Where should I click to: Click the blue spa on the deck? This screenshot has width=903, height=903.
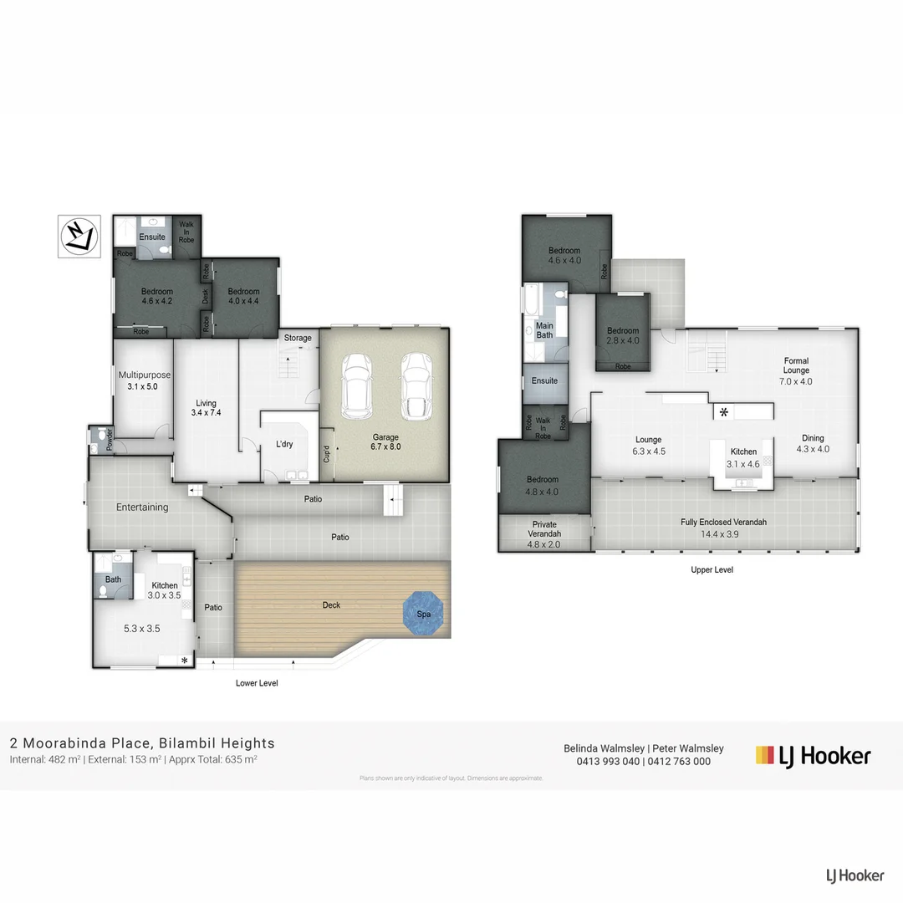pyautogui.click(x=425, y=614)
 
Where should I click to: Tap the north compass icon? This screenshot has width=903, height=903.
pyautogui.click(x=79, y=236)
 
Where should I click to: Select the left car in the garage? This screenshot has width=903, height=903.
pyautogui.click(x=357, y=386)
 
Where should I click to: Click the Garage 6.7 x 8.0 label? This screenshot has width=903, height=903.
pyautogui.click(x=385, y=442)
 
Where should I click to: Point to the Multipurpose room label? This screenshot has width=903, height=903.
pyautogui.click(x=143, y=380)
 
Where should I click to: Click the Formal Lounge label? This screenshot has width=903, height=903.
pyautogui.click(x=796, y=370)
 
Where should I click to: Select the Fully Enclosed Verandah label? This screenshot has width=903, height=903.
pyautogui.click(x=723, y=527)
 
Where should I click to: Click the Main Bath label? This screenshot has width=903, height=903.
pyautogui.click(x=544, y=330)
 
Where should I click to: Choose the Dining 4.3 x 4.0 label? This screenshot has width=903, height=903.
pyautogui.click(x=813, y=443)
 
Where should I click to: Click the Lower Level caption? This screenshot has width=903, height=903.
pyautogui.click(x=257, y=683)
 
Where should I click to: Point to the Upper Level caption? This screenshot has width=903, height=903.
pyautogui.click(x=712, y=569)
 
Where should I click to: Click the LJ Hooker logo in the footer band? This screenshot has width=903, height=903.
pyautogui.click(x=813, y=756)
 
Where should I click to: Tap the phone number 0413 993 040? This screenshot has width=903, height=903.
pyautogui.click(x=609, y=762)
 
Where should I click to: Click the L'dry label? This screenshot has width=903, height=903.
pyautogui.click(x=284, y=444)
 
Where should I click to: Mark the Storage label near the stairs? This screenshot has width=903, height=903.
pyautogui.click(x=298, y=338)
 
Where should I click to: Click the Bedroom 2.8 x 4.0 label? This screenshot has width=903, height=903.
pyautogui.click(x=623, y=335)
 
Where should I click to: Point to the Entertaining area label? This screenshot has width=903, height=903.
pyautogui.click(x=142, y=507)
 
